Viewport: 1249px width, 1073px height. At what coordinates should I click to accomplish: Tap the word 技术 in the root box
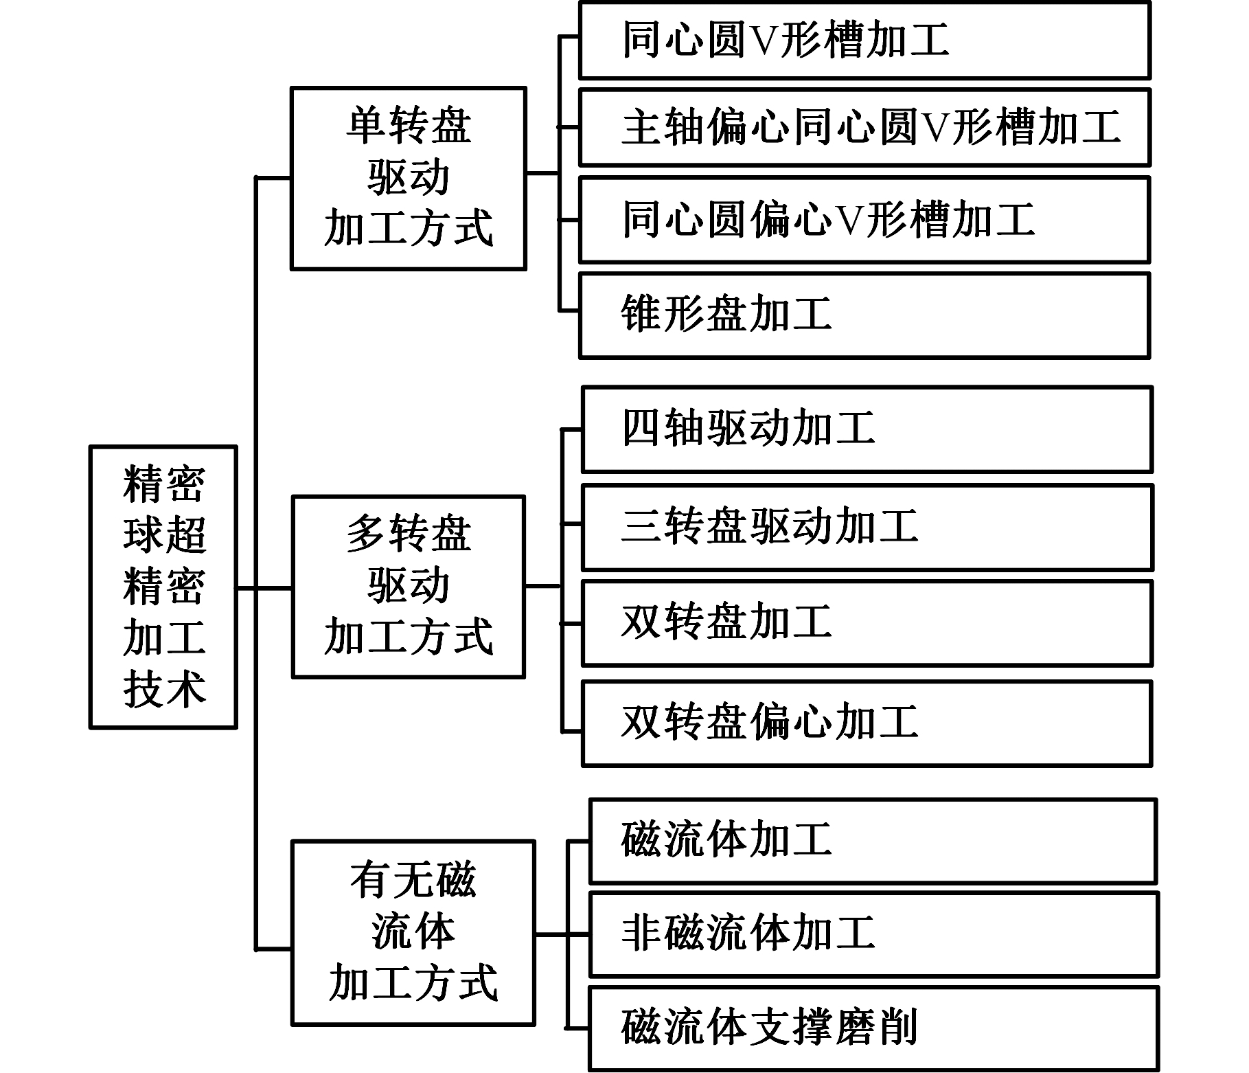pyautogui.click(x=165, y=689)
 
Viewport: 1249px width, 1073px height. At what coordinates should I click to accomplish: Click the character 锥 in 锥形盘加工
pyautogui.click(x=642, y=314)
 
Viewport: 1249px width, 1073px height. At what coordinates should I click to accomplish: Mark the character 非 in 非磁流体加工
pyautogui.click(x=642, y=933)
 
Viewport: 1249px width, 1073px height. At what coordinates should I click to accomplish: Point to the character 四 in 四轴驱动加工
pyautogui.click(x=642, y=428)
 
